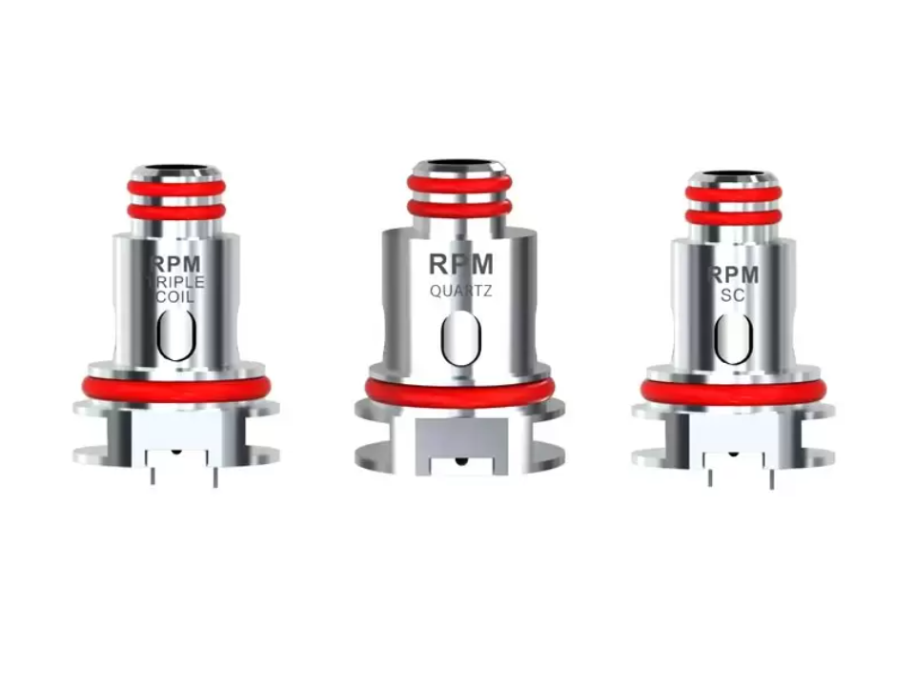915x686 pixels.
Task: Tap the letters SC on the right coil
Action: coord(732,296)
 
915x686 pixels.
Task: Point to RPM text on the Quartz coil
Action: coord(460,265)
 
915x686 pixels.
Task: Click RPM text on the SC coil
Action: coord(732,275)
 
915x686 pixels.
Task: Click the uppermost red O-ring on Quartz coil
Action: coord(461,183)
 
